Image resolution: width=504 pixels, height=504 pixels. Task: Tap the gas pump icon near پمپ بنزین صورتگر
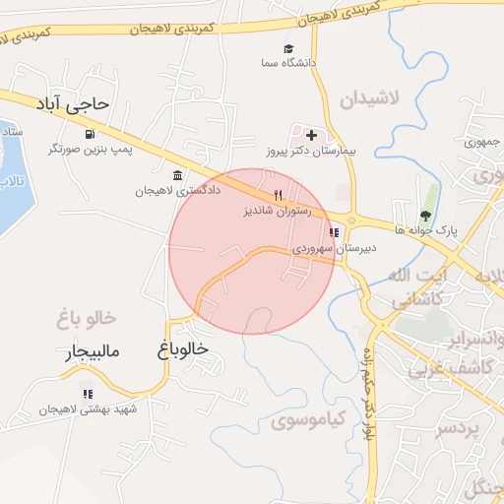click(x=91, y=133)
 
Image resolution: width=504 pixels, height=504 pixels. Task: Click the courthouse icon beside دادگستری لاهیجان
click(x=176, y=175)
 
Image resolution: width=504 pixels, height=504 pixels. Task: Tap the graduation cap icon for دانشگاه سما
click(x=288, y=48)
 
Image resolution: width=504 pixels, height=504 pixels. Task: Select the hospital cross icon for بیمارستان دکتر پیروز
click(x=312, y=134)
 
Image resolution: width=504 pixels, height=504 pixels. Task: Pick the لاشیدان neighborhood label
click(x=369, y=99)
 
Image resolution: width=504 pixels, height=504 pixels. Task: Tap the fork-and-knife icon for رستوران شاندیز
click(x=278, y=195)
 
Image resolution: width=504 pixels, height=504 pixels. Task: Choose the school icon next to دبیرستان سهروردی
click(x=335, y=233)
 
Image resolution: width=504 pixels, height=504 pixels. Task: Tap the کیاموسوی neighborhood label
click(x=307, y=422)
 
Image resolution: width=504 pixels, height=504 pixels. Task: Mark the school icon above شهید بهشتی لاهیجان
click(x=89, y=394)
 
